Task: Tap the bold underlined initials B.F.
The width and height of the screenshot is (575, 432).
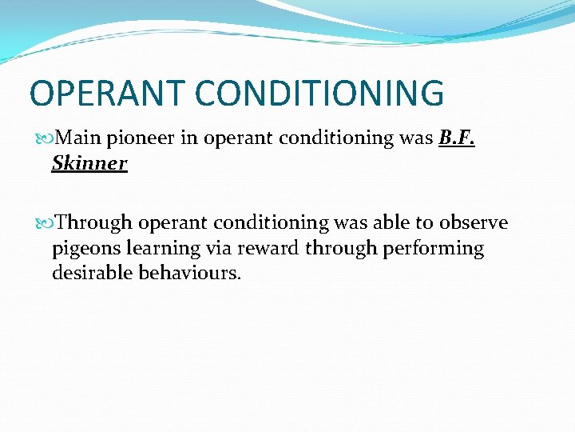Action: [x=458, y=138]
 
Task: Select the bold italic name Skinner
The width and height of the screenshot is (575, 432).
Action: [x=89, y=163]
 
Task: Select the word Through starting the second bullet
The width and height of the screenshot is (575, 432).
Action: [x=96, y=222]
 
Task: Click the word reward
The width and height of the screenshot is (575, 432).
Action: [x=267, y=248]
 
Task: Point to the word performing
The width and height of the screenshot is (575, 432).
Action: [x=434, y=249]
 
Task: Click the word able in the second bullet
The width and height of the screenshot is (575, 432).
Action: [x=387, y=222]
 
